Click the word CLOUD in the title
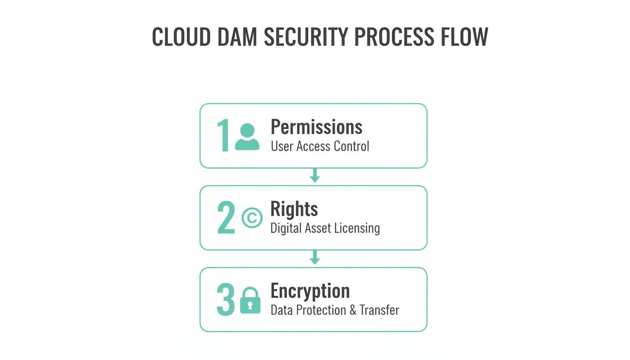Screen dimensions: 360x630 (x=181, y=37)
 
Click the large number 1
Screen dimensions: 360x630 (x=223, y=136)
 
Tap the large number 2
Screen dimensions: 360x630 (x=225, y=218)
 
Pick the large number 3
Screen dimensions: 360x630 (x=225, y=300)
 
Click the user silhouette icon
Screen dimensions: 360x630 (x=247, y=137)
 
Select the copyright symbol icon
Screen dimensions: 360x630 (x=252, y=218)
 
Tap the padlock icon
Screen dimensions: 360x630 (x=250, y=300)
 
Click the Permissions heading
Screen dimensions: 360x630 (x=316, y=127)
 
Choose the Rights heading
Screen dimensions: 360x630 (x=294, y=209)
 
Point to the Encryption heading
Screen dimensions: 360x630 (x=310, y=291)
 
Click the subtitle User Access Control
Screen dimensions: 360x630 (x=320, y=146)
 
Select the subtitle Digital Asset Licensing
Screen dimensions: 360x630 (x=325, y=228)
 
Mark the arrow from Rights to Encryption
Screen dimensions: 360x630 (x=315, y=258)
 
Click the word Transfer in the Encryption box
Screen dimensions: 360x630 (x=379, y=310)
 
